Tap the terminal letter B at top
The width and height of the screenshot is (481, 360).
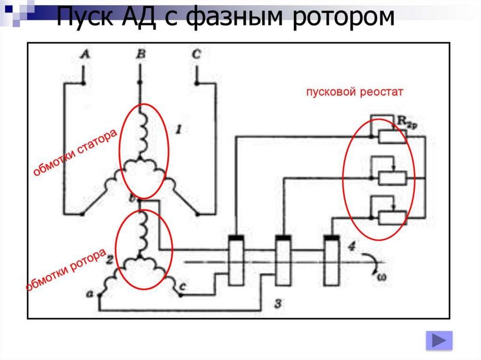point(140,55)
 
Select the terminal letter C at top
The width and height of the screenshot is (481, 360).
point(196,55)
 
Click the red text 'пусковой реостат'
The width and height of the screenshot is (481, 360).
point(355,92)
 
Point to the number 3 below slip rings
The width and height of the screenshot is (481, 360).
point(278,304)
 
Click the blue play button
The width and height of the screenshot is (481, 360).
point(439,340)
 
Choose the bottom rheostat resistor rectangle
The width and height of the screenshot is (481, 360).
point(393,218)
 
